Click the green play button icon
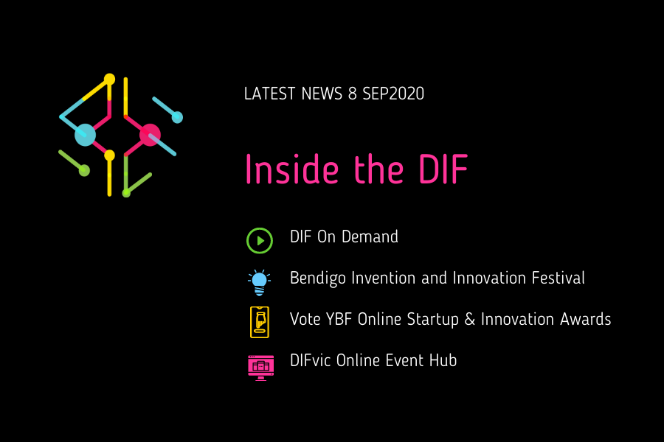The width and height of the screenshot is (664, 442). point(260,241)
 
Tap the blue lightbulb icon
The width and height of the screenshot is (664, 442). point(259,282)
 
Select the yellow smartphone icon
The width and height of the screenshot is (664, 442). point(260,323)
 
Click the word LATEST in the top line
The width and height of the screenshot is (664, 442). point(269,94)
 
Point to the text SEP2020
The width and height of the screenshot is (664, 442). point(393,94)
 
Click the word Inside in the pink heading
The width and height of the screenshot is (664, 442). point(292,169)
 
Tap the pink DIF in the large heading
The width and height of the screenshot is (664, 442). point(443,169)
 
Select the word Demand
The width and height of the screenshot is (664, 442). point(370,237)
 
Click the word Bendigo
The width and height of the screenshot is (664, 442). point(317,278)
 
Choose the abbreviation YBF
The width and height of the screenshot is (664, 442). point(339,319)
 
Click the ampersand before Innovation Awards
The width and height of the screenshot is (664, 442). point(470,319)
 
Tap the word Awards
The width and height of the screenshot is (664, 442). point(586,319)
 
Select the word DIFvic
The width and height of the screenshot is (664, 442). point(311,360)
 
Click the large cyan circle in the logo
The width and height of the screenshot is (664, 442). point(85,135)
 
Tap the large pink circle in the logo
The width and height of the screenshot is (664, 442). point(150,135)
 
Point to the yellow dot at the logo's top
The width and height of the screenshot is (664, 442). point(109,79)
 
